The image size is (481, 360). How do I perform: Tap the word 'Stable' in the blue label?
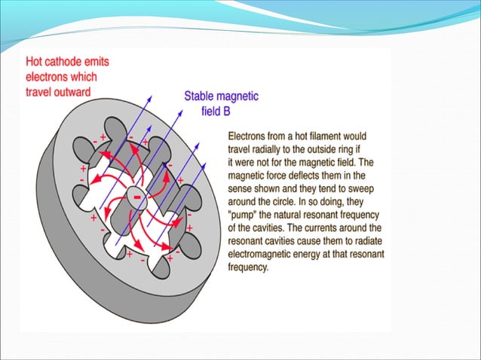point(201,96)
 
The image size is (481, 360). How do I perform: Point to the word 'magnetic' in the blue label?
point(238,96)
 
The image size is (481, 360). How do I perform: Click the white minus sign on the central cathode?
point(137,197)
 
